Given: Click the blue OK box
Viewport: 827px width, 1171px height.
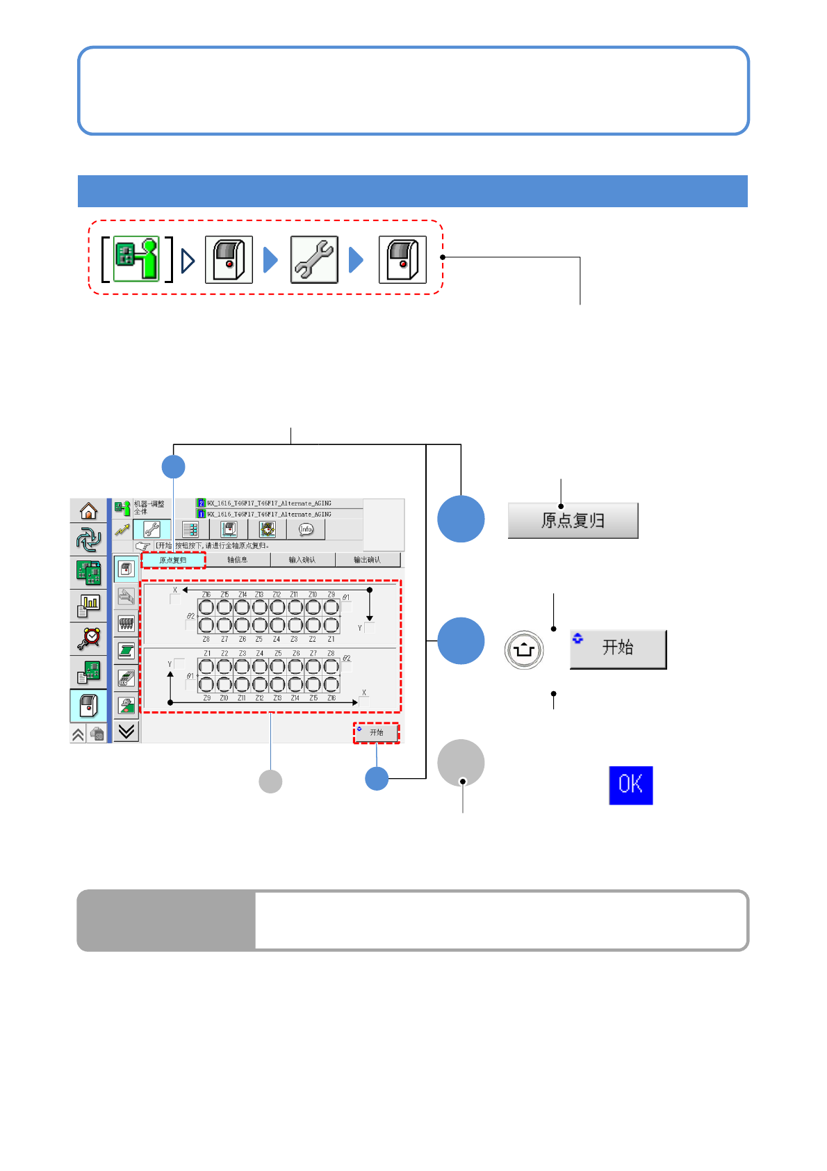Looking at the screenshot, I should pos(630,785).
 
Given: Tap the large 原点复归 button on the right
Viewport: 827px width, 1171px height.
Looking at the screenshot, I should pos(573,520).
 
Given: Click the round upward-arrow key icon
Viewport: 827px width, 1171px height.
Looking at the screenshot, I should pos(524,650).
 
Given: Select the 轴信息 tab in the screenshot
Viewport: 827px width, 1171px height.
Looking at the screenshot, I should pos(237,560).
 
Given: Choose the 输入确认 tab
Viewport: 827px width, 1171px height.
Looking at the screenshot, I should pos(302,560).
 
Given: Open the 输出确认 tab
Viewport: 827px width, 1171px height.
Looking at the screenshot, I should pos(367,560).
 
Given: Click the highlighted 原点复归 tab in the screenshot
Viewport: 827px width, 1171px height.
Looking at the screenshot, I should pos(173,560).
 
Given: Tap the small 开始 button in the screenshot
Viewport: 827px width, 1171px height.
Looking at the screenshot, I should pos(376,733).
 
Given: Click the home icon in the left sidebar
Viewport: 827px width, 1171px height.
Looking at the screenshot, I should pos(88,511).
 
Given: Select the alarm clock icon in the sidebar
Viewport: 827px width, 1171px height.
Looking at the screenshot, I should pos(89,638).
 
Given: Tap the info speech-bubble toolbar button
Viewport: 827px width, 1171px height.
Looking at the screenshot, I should pos(306,530).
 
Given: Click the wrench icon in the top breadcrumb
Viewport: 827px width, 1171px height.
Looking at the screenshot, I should pos(314,260).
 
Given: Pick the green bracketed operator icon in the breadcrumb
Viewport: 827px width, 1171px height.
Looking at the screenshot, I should pos(136,259).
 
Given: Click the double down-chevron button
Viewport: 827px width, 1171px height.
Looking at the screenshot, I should pos(126,731).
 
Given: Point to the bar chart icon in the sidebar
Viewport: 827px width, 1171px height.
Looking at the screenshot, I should pos(89,606).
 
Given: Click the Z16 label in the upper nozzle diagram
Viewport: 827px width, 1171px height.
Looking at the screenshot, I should pos(206,595).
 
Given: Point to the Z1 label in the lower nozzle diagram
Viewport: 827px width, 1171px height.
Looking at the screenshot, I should pos(207,654).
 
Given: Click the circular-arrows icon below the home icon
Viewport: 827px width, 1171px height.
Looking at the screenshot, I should pos(89,540).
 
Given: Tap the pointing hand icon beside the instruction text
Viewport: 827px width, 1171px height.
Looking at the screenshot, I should pos(143,546).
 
